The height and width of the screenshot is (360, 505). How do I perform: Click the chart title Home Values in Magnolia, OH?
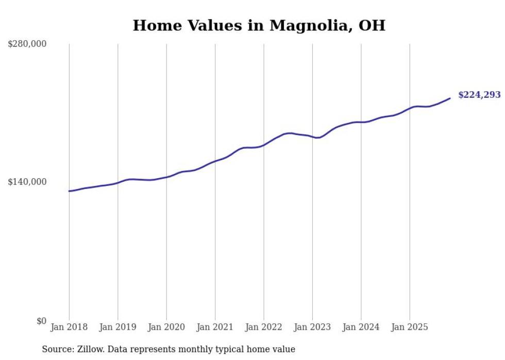point(259,25)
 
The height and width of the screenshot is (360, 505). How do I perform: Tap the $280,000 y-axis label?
point(27,44)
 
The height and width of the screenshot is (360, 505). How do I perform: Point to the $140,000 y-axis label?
point(27,182)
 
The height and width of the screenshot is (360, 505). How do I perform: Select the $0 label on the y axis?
point(41,321)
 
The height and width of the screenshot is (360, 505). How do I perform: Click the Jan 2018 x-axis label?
point(69,327)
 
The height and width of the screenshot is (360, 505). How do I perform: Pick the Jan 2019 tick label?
point(118,327)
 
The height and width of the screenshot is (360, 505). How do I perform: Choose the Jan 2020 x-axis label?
point(166,327)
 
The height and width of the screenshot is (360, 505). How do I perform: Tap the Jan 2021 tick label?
point(215,327)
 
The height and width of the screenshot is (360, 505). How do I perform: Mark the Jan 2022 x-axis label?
point(264,327)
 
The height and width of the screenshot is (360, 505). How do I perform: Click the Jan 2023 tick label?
point(312,327)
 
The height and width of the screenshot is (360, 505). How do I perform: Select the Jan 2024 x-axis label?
point(361,327)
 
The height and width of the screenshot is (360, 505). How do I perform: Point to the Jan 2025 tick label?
point(410,327)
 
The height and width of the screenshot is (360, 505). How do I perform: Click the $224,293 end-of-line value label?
point(479,95)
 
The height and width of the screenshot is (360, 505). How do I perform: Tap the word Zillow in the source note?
point(89,349)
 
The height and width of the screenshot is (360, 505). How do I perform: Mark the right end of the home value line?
point(450,98)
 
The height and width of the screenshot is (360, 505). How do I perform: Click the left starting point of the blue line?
point(69,191)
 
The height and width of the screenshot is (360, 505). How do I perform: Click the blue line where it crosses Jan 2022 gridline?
point(264,145)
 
